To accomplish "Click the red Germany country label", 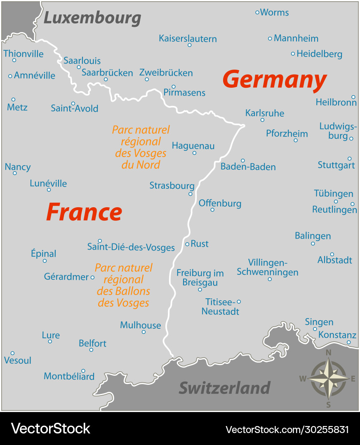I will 274,80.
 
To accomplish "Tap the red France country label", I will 84,212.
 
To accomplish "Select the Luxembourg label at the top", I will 92,18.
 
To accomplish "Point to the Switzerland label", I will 224,388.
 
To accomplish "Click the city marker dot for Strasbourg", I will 191,194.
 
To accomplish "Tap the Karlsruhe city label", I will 264,113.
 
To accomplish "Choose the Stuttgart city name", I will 336,165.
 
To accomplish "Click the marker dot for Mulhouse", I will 144,332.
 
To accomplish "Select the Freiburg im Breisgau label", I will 200,278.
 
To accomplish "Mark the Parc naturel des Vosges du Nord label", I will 141,147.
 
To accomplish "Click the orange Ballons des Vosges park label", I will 124,285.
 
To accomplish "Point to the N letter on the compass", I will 329,353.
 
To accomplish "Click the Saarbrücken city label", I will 107,73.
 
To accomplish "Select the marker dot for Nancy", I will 15,173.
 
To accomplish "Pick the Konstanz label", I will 337,335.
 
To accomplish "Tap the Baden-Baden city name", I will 248,167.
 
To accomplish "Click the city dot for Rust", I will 187,244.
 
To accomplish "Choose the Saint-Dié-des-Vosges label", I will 131,248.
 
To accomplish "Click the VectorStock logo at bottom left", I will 50,429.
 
